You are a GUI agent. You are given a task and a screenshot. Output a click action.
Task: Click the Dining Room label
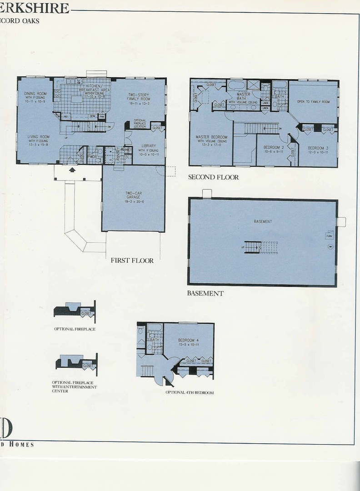[35, 94]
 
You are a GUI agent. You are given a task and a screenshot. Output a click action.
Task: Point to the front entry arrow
[72, 170]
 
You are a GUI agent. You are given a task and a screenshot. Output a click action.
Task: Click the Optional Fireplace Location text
[140, 123]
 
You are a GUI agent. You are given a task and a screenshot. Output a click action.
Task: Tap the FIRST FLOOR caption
[132, 261]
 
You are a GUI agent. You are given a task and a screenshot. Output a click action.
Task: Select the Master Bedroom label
[211, 137]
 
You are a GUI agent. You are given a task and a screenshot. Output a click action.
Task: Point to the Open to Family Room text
[313, 102]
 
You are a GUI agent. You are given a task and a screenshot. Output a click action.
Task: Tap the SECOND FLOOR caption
[213, 177]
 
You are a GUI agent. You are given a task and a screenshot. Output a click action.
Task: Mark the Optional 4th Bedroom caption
[189, 392]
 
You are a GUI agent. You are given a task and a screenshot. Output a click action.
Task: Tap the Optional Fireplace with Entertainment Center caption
[75, 387]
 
